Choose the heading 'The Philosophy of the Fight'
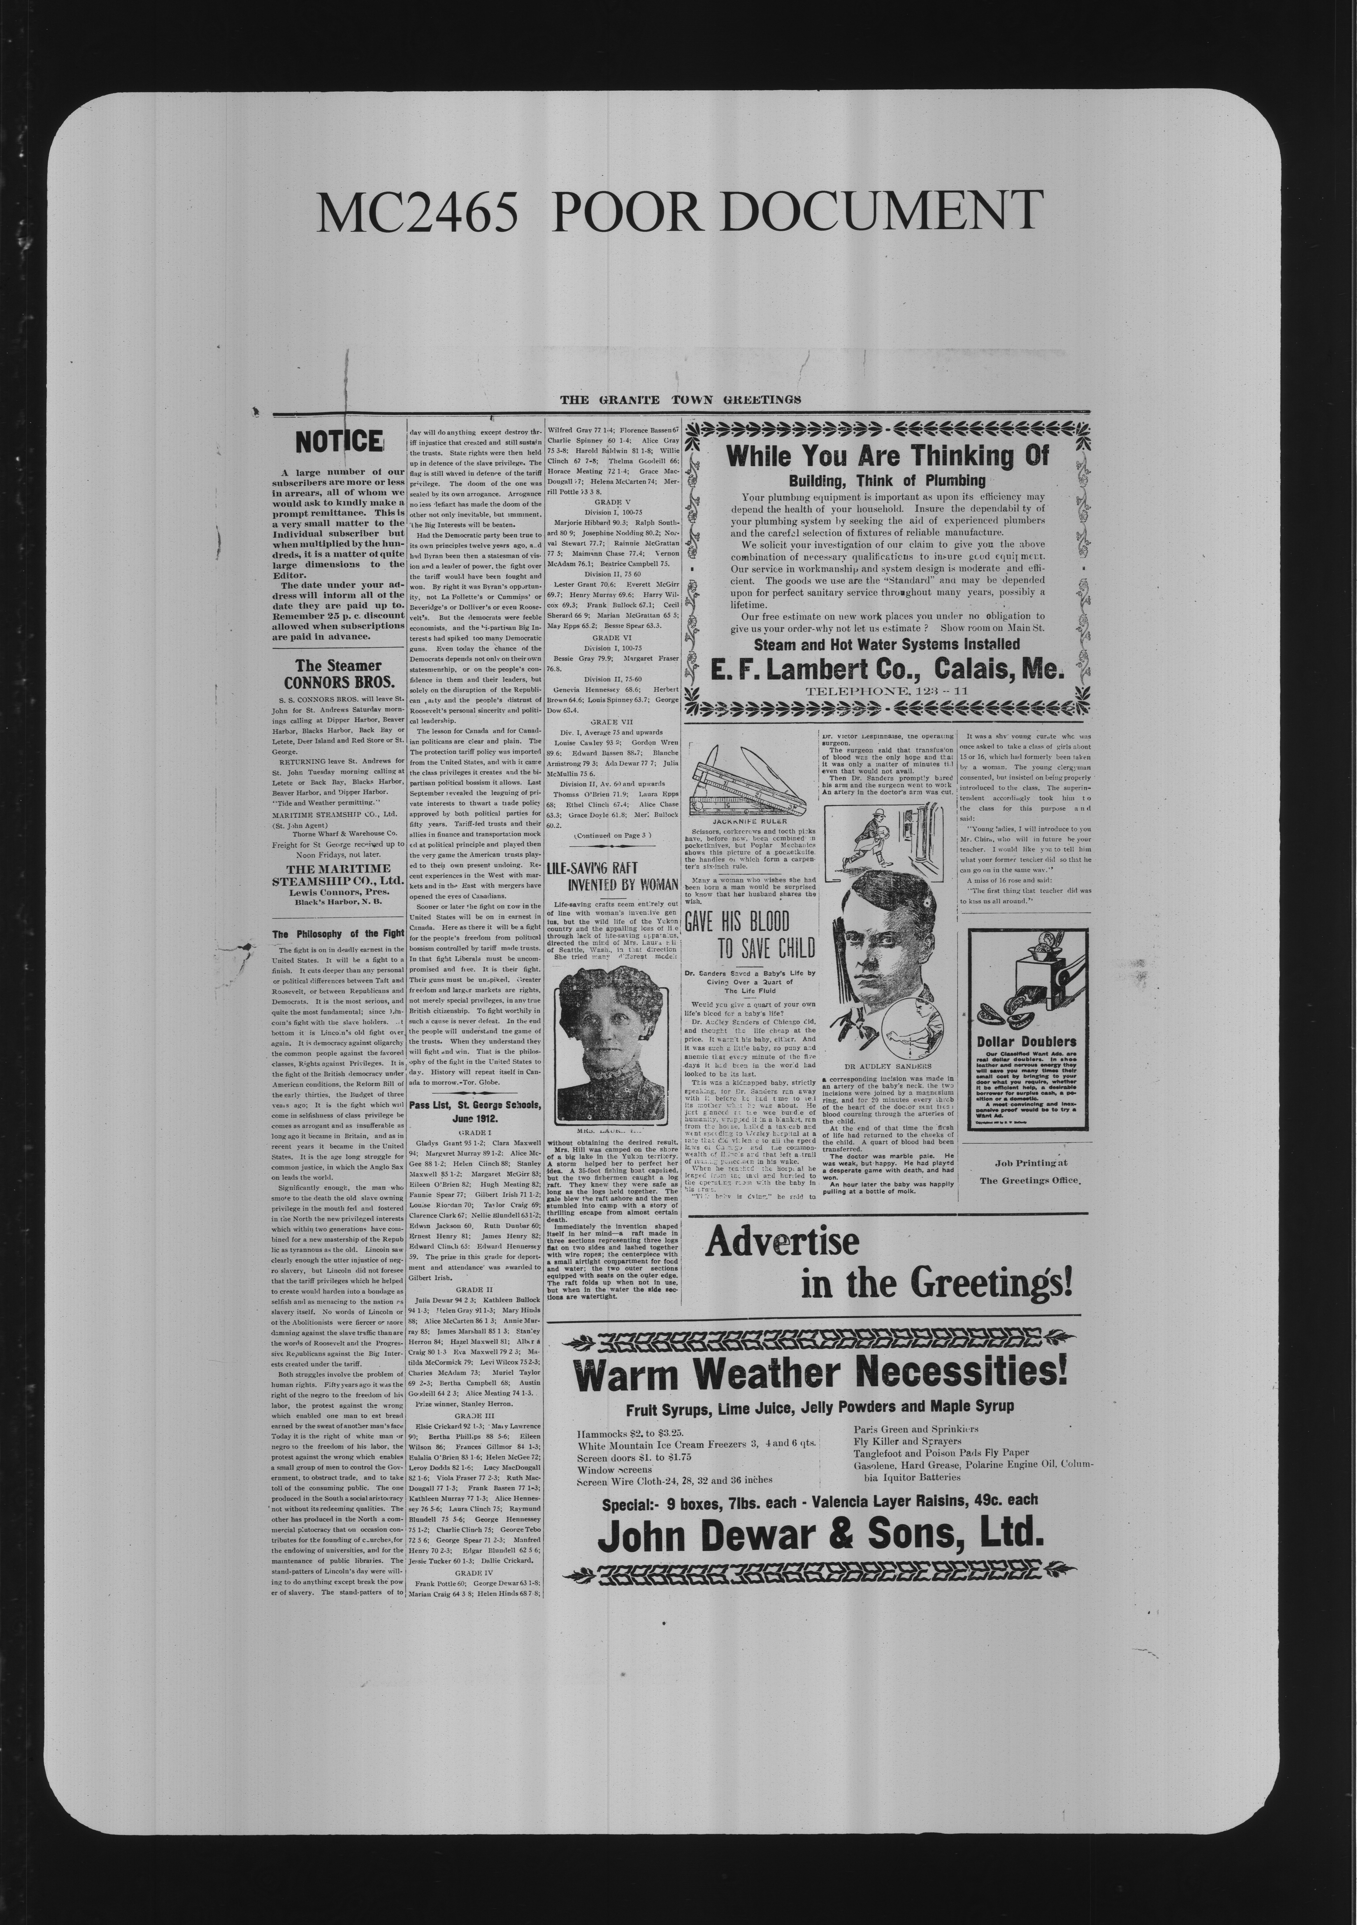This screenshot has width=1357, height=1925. point(338,933)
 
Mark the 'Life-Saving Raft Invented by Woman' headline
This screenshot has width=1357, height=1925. point(612,877)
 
